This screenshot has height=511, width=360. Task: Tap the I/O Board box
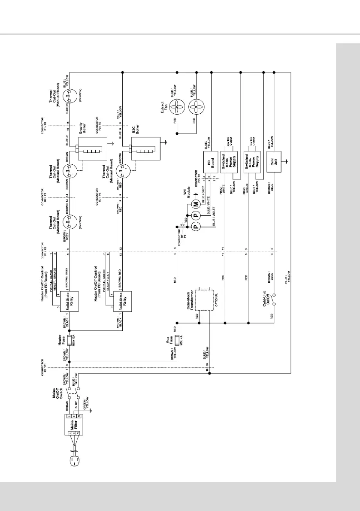(211, 161)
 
